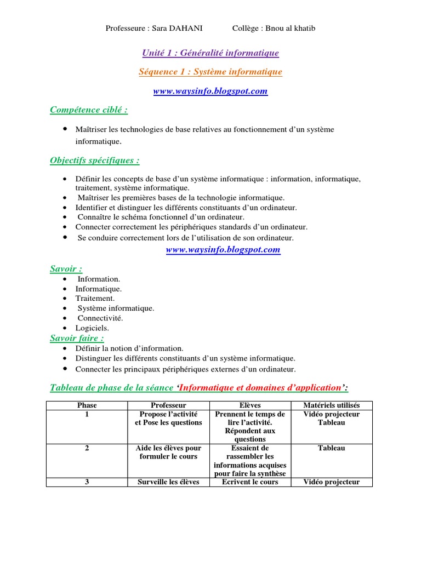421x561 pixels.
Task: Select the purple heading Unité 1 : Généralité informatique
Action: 210,53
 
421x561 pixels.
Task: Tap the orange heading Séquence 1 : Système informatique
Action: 210,72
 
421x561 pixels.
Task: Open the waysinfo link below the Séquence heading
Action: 210,91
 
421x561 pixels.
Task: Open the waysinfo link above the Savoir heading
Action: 223,250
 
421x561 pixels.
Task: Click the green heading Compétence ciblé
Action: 89,110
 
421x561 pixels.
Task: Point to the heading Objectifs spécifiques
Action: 94,161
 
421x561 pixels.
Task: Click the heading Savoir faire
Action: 77,338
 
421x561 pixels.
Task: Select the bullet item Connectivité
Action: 100,318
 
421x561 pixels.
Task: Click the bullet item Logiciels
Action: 92,328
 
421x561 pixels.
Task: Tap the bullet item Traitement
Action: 95,299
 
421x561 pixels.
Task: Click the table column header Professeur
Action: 168,405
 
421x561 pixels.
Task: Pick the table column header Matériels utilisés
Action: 331,405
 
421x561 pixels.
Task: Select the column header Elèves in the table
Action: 249,405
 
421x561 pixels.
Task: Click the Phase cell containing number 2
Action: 87,448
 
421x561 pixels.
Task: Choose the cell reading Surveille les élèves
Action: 168,482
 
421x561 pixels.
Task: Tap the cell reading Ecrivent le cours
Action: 249,482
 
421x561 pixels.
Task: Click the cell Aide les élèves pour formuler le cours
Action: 168,453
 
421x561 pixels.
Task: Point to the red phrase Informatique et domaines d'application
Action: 261,388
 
